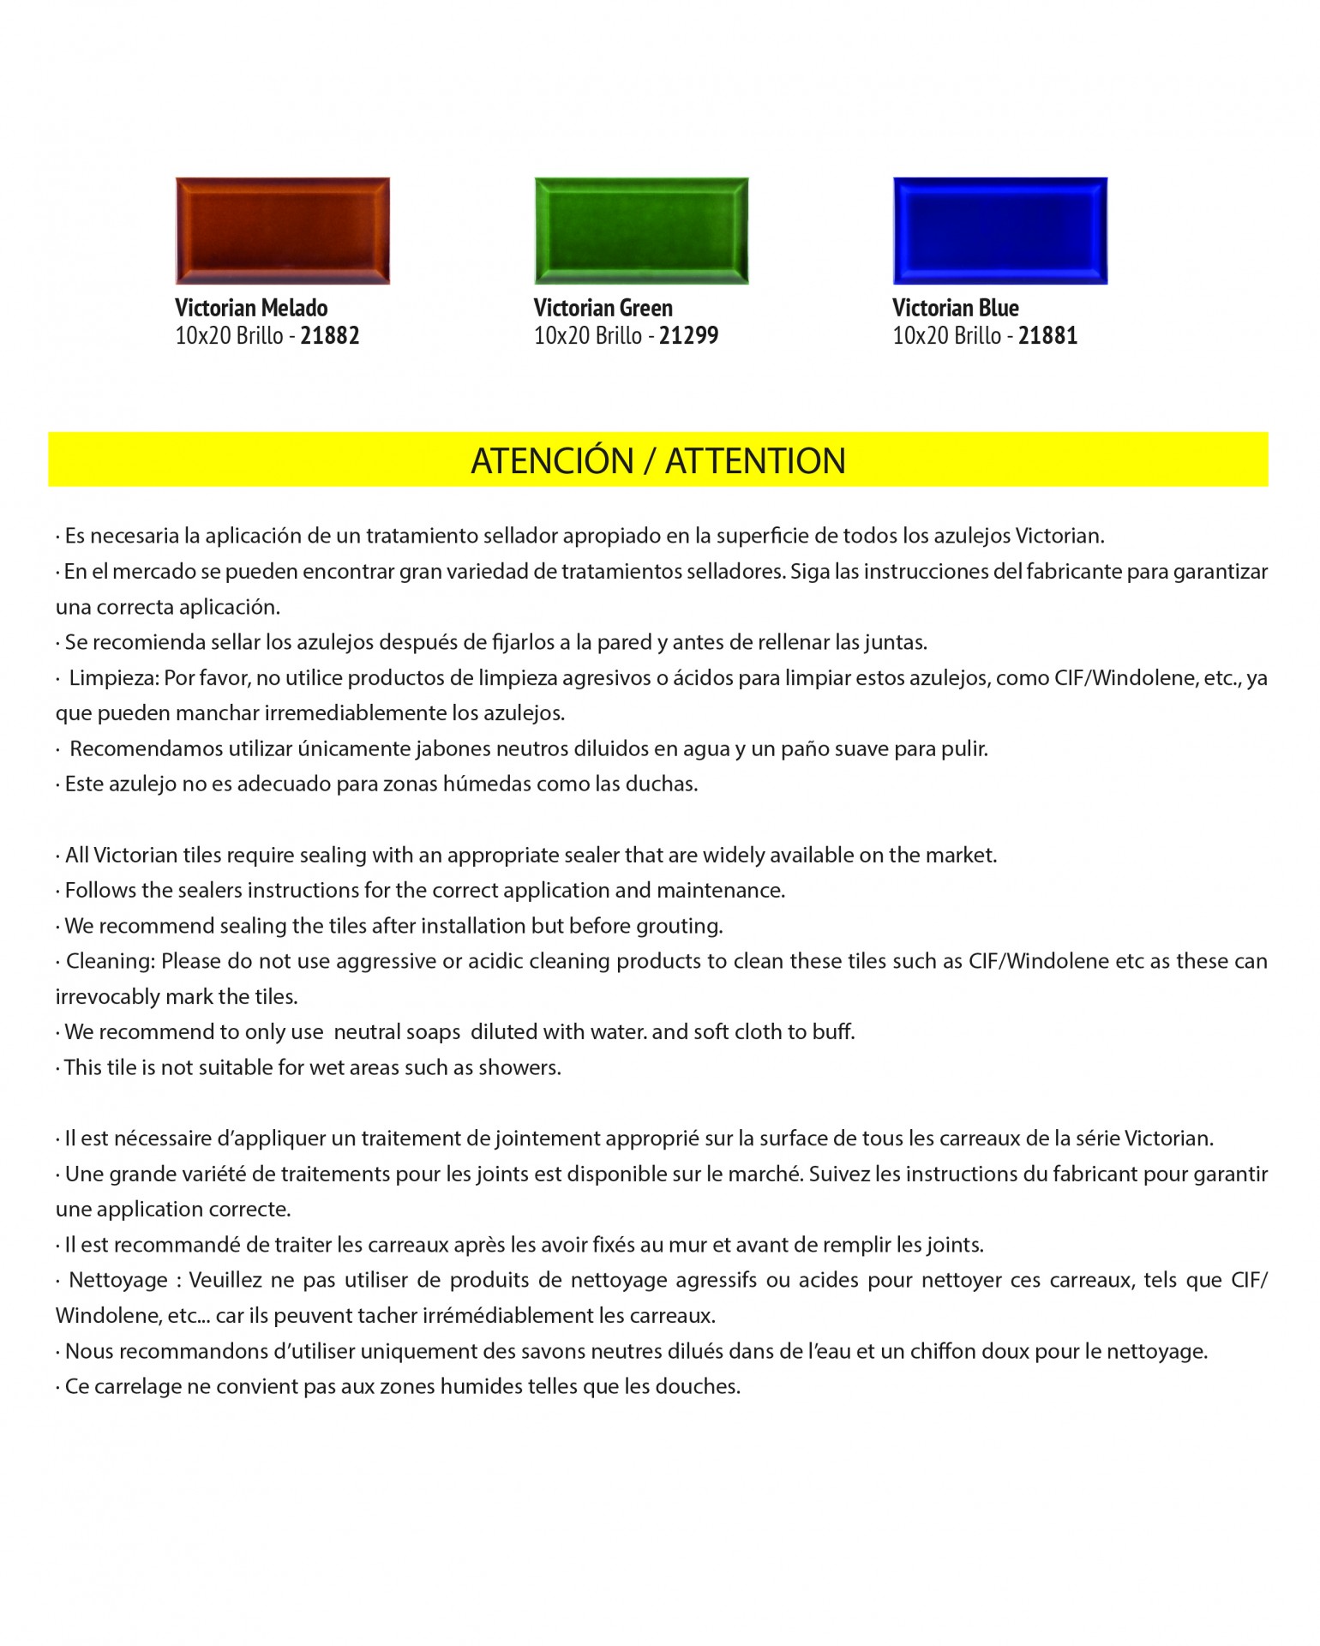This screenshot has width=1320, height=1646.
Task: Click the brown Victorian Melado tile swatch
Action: coord(282,231)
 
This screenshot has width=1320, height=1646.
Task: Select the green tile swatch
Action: coord(641,231)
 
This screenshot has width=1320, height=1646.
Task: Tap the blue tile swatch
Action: coord(1000,231)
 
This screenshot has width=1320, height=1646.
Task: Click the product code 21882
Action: coord(330,335)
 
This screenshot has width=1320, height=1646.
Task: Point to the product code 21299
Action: coord(688,335)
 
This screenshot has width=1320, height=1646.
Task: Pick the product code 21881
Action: coord(1047,335)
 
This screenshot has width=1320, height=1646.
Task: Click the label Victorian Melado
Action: coord(251,308)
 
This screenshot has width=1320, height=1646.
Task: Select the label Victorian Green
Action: coord(603,308)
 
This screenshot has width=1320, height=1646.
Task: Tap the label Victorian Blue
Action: coord(955,308)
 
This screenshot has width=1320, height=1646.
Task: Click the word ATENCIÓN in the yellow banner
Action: coord(552,461)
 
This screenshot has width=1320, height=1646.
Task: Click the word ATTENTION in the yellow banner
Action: coord(755,461)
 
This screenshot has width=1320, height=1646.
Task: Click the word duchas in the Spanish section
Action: coord(665,784)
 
